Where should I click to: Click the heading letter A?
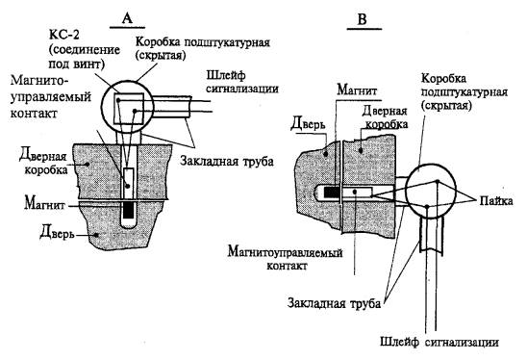pyautogui.click(x=127, y=18)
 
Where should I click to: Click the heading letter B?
pyautogui.click(x=362, y=19)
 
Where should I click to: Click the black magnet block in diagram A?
pyautogui.click(x=129, y=210)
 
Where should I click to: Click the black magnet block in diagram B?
pyautogui.click(x=332, y=193)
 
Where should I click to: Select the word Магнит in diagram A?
pyautogui.click(x=44, y=204)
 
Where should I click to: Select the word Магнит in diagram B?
pyautogui.click(x=358, y=90)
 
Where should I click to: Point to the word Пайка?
pyautogui.click(x=496, y=201)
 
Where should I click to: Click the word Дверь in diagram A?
pyautogui.click(x=57, y=232)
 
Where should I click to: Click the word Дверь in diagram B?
pyautogui.click(x=308, y=123)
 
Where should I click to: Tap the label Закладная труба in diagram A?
pyautogui.click(x=227, y=161)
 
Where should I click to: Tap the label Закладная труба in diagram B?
pyautogui.click(x=334, y=303)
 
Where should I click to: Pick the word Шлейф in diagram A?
pyautogui.click(x=226, y=76)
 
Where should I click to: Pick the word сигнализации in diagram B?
pyautogui.click(x=462, y=343)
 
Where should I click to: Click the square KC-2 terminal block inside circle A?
pyautogui.click(x=129, y=109)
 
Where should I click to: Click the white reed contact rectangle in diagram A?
pyautogui.click(x=129, y=183)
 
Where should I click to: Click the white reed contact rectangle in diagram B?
pyautogui.click(x=357, y=193)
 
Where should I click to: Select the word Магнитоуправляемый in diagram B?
pyautogui.click(x=285, y=252)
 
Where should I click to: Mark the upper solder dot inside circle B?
pyautogui.click(x=437, y=182)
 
